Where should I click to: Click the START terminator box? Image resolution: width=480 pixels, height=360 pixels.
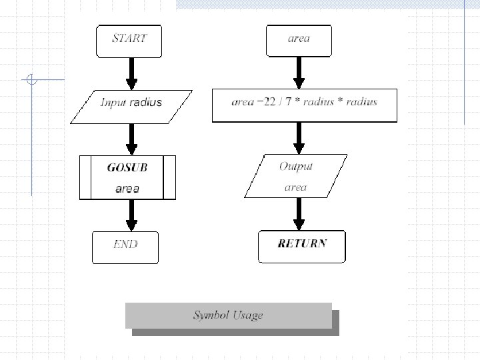coord(129,40)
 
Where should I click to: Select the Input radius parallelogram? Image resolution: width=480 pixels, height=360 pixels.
coord(131,105)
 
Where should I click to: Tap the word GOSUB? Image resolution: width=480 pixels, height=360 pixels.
coord(127,167)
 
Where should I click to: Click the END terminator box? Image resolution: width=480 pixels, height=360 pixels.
coord(125,247)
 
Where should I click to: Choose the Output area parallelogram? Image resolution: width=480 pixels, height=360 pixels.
coord(295,177)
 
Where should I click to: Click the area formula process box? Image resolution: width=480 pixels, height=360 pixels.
coord(304,105)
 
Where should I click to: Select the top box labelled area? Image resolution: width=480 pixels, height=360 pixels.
coord(299,40)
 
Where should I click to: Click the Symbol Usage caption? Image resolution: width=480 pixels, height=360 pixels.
coord(229,315)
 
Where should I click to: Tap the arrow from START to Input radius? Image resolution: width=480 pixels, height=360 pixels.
coord(132,73)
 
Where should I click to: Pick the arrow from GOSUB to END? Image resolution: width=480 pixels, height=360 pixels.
coord(132,215)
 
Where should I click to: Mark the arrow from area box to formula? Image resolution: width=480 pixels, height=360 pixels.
coord(299,73)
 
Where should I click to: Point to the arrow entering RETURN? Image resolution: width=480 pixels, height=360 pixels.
coord(299,213)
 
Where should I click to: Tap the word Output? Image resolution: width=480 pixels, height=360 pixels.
coord(296,166)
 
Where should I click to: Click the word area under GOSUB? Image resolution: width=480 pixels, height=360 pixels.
coord(127,189)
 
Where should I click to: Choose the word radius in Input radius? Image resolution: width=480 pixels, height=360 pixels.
coord(146,103)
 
